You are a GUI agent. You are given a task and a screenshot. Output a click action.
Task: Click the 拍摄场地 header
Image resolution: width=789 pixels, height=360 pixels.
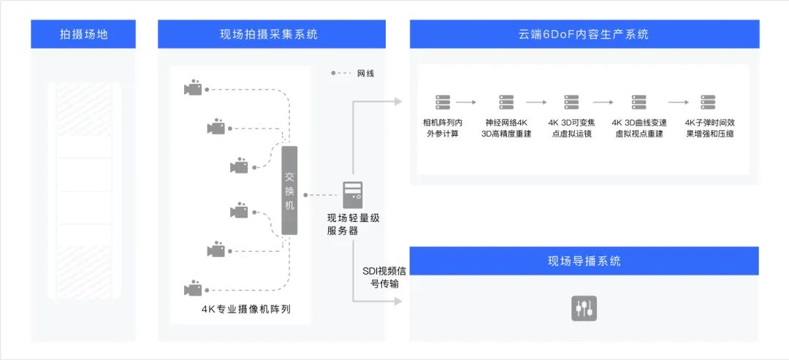click(83, 34)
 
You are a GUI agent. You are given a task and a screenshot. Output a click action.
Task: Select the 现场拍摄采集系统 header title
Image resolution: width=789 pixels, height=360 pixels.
click(271, 34)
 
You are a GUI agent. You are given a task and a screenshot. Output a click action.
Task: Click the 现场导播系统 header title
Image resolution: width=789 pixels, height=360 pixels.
click(584, 261)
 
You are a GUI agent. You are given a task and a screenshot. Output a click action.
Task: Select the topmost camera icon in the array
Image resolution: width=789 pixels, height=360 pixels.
click(193, 89)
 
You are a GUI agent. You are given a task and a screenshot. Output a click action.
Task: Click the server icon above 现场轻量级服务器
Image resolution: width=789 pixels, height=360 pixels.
click(352, 194)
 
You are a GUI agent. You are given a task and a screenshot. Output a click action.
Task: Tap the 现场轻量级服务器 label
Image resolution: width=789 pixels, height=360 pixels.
click(353, 224)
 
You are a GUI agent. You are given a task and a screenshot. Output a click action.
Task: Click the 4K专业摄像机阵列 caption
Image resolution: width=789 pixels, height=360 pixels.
click(246, 309)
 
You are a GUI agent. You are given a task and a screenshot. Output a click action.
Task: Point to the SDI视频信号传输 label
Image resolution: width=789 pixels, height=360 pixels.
click(381, 277)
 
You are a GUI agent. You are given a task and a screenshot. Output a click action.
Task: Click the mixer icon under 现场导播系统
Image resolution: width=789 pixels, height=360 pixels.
click(584, 307)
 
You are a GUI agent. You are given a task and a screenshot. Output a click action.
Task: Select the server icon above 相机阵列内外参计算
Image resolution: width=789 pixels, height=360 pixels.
click(442, 102)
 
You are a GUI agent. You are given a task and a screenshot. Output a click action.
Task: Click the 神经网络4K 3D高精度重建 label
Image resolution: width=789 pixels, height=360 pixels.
click(506, 128)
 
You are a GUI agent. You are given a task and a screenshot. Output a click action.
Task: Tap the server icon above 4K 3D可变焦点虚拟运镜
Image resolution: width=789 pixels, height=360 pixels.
click(571, 102)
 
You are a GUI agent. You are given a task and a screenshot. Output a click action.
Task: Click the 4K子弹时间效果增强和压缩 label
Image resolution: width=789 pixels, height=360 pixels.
click(709, 128)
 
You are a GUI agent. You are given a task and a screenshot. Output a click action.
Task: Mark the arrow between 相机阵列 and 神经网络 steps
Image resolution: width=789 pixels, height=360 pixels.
click(466, 103)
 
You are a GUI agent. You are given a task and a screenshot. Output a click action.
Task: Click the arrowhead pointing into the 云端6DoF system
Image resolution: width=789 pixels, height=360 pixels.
click(397, 102)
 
